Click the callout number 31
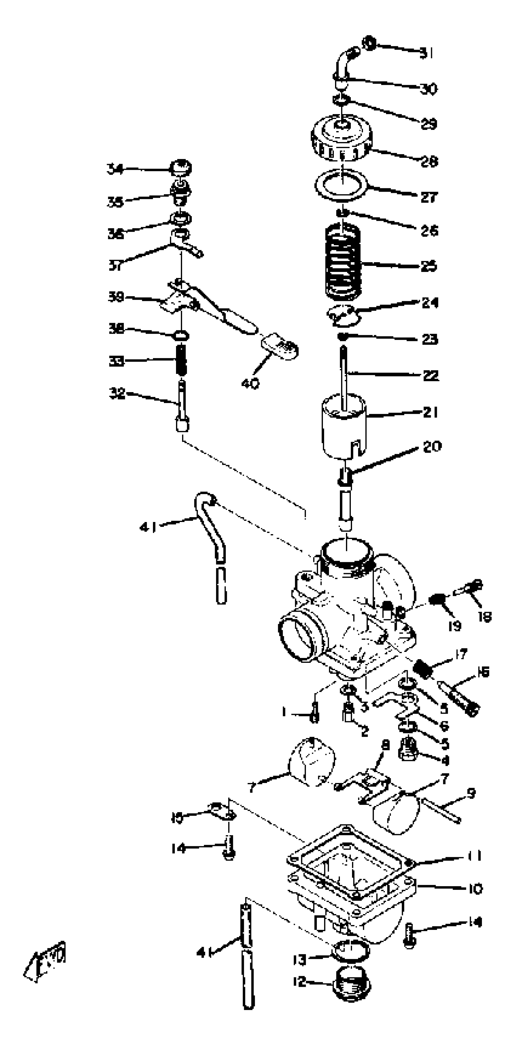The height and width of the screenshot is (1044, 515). (x=426, y=53)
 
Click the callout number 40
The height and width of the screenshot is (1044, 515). (x=250, y=383)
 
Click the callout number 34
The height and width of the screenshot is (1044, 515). (x=115, y=169)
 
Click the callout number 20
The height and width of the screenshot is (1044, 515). (x=431, y=446)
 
